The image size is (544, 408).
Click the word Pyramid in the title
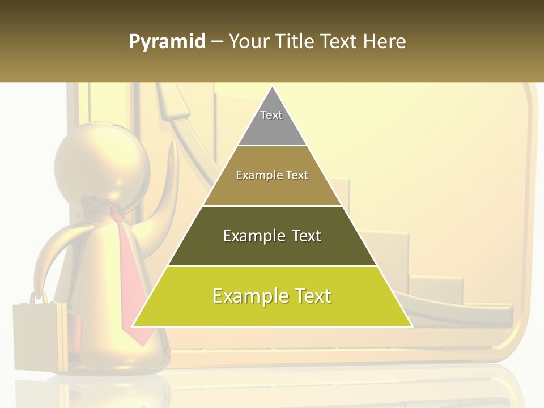pyautogui.click(x=167, y=42)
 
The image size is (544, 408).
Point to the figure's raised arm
pyautogui.click(x=170, y=181)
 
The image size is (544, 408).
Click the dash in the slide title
pyautogui.click(x=217, y=42)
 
